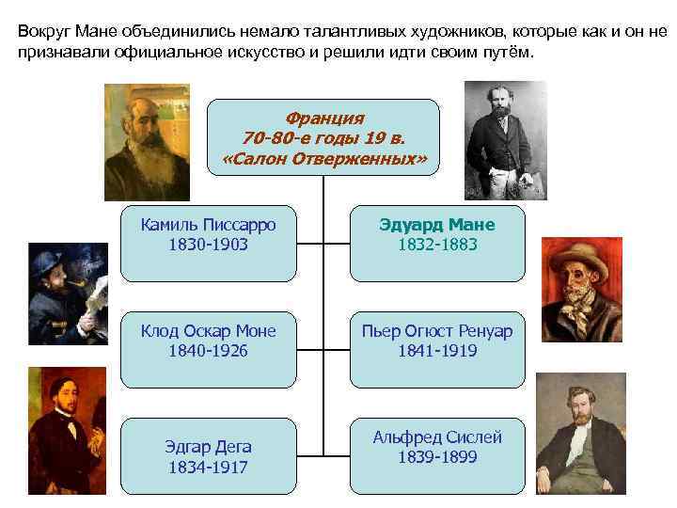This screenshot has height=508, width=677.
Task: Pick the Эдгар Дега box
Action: click(208, 456)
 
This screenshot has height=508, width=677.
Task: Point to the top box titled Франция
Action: click(323, 137)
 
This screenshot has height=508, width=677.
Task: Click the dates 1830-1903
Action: click(208, 245)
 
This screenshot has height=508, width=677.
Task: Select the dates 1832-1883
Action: click(437, 245)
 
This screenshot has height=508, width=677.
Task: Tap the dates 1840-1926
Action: click(208, 351)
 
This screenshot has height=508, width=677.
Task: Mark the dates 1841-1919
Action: click(437, 351)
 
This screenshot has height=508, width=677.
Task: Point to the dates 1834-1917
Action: click(208, 467)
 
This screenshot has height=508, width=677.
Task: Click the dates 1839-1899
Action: click(437, 457)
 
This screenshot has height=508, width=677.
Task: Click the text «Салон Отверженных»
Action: click(323, 159)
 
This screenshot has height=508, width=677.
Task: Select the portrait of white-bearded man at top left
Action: click(147, 141)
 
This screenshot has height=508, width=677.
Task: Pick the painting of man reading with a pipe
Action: click(69, 294)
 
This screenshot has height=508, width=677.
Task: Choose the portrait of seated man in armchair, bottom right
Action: click(580, 433)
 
